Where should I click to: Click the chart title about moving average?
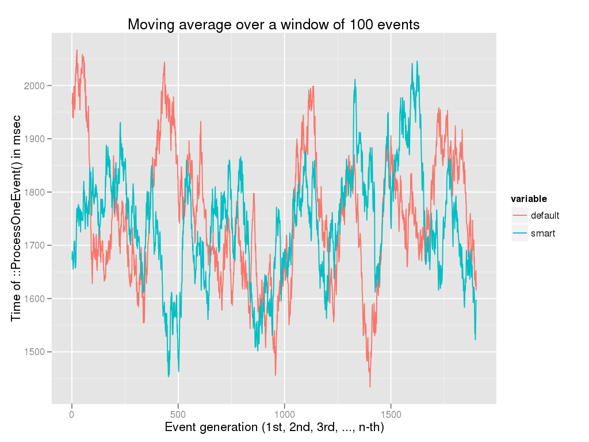click(273, 25)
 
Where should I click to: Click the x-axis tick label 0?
click(72, 413)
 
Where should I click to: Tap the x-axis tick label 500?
click(178, 413)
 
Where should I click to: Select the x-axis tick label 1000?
click(284, 413)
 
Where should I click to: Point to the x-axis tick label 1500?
click(391, 413)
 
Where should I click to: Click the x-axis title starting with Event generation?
click(274, 428)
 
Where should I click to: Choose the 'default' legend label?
click(545, 216)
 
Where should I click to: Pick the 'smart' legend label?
click(543, 233)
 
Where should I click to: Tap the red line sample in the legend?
click(520, 216)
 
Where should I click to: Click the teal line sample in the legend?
click(520, 233)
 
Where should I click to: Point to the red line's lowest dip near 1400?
click(370, 386)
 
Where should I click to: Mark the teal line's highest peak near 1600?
click(412, 63)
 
